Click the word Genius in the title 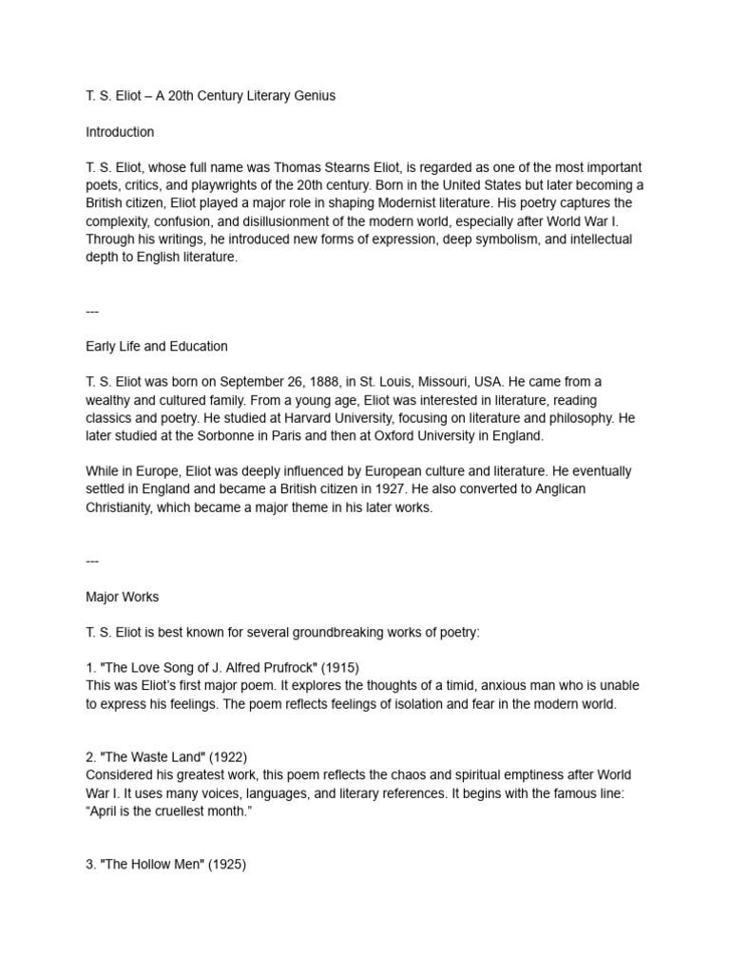314,96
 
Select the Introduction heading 120,132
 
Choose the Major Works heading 123,597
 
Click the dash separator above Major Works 92,561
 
